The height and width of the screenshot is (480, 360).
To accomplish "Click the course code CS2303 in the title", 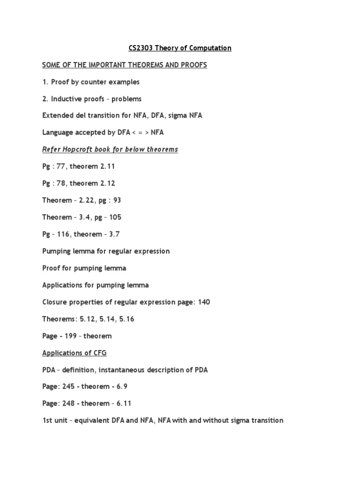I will pyautogui.click(x=141, y=48).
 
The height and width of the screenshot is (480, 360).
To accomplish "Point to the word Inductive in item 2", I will pyautogui.click(x=66, y=99).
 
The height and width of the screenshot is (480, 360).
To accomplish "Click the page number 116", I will pyautogui.click(x=63, y=234).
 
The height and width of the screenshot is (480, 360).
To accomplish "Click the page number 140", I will pyautogui.click(x=204, y=302).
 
